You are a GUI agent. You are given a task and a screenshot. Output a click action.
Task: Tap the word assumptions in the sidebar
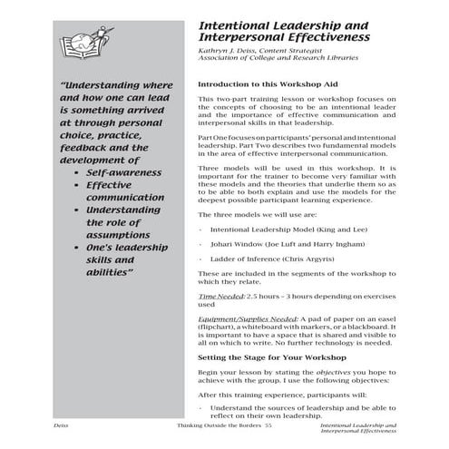pyautogui.click(x=124, y=232)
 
